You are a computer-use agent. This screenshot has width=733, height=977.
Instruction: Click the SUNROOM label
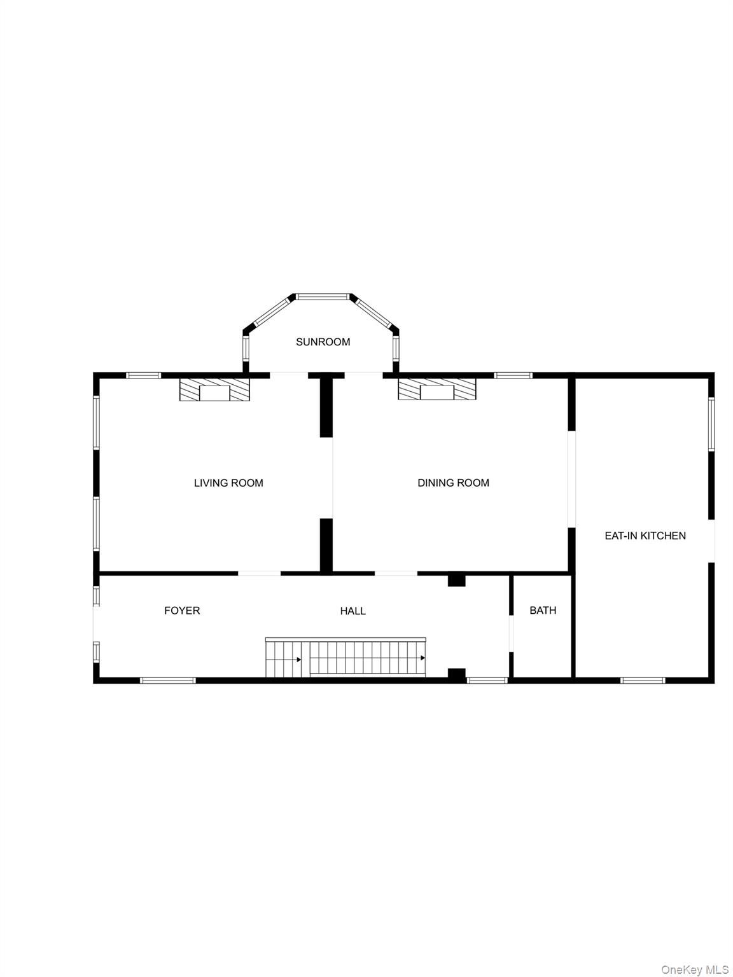coord(323,342)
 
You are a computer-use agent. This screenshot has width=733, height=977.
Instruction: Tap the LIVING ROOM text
coord(228,483)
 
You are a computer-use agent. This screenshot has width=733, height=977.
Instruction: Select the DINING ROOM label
coord(453,483)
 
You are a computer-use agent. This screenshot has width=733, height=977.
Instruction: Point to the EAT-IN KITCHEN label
coord(645,536)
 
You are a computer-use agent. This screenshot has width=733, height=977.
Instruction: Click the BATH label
coord(543,611)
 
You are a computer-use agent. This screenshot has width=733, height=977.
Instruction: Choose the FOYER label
coord(182,611)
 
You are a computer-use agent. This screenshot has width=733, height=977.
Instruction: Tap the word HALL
coord(353,611)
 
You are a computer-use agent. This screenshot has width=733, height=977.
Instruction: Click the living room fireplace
coord(214,390)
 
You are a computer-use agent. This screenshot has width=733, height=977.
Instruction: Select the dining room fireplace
coord(437,390)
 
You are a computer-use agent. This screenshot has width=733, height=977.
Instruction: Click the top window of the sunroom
coord(323,296)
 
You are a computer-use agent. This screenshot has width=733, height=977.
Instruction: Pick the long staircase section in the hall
coord(367,658)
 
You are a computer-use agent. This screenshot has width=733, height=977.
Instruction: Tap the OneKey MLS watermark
coord(694,969)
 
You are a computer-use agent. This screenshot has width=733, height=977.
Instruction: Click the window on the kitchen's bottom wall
coord(643,681)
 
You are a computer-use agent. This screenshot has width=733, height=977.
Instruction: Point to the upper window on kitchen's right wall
coord(711,424)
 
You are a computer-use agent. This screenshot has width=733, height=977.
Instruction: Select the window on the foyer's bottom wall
coord(167,681)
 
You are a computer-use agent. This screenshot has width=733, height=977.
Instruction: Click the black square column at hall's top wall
coord(456,579)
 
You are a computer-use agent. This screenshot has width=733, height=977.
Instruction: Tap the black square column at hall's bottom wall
coord(456,674)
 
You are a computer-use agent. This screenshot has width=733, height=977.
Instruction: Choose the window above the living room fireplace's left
coord(143,375)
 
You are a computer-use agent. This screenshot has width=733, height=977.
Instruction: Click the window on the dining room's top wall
coord(513,375)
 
